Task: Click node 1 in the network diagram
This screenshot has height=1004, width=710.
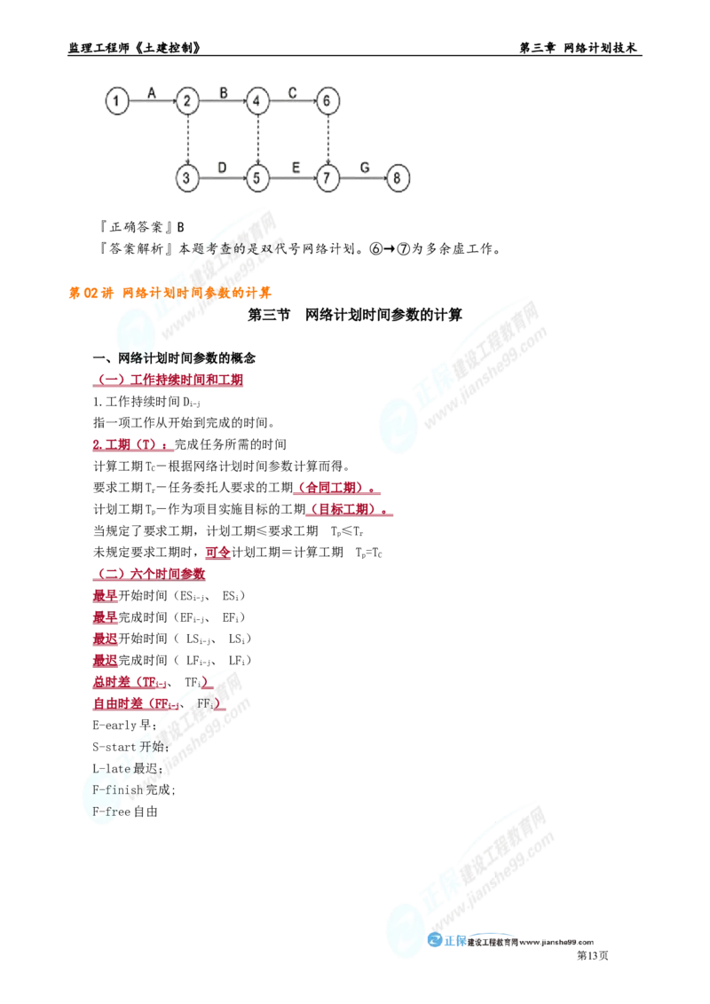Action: tap(116, 101)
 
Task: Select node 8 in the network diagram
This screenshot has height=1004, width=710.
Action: tap(398, 178)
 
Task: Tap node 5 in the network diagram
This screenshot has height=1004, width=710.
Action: tap(257, 178)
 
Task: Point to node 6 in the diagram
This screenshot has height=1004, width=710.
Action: tap(327, 101)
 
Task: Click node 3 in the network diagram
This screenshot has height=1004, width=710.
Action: tap(187, 178)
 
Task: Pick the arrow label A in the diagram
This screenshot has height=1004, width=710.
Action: tap(152, 93)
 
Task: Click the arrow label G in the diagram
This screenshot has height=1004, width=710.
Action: tap(365, 168)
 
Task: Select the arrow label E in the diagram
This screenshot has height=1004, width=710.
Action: tap(296, 168)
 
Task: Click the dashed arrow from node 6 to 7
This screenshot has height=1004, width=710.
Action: tap(328, 139)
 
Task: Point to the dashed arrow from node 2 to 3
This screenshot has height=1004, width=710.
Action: tap(188, 139)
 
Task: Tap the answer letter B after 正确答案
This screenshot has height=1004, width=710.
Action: tap(181, 227)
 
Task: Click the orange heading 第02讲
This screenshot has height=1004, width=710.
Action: tap(91, 294)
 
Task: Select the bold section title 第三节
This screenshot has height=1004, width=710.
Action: tap(269, 315)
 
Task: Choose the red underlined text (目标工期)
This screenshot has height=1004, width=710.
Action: tap(350, 510)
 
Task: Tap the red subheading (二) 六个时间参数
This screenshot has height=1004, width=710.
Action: tap(149, 575)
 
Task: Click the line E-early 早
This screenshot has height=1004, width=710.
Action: tap(124, 726)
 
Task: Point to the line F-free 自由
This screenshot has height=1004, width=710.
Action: tap(125, 812)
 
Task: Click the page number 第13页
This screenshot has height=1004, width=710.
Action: tap(593, 956)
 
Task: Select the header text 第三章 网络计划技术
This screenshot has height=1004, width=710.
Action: tap(578, 48)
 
